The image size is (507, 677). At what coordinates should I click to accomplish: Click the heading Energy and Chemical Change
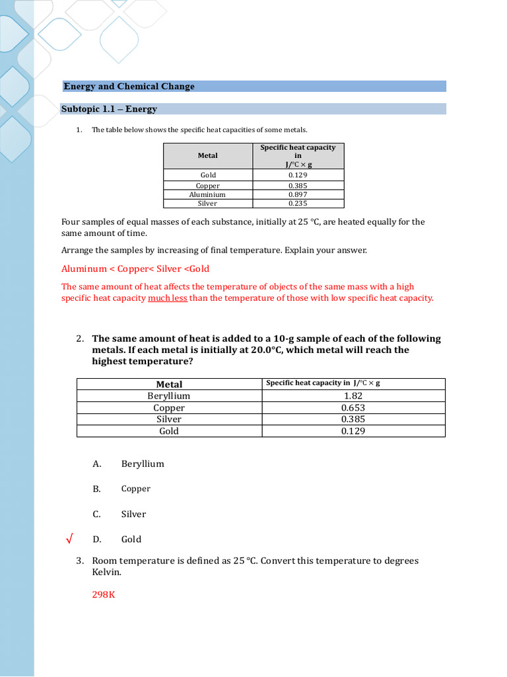pos(129,87)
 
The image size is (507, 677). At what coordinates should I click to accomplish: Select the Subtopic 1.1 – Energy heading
pos(109,109)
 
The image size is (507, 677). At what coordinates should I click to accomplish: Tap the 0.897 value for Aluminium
pos(298,195)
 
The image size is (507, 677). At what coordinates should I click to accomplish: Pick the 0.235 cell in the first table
pos(298,204)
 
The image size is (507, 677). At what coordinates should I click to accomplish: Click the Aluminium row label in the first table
pos(207,195)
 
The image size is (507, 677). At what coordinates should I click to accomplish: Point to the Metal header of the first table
pos(207,155)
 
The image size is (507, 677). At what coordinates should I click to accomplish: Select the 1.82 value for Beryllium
pos(353,396)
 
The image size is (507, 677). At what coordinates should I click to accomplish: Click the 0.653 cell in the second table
pos(353,408)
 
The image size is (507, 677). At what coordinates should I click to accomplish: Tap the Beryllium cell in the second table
pos(169,396)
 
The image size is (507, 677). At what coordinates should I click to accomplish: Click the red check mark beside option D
pos(69,539)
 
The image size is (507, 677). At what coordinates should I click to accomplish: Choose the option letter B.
pos(96,489)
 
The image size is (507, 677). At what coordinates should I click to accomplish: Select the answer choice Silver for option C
pos(133,514)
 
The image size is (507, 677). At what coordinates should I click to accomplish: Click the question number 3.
pos(79,561)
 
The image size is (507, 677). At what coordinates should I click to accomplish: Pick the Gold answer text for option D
pos(131,539)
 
